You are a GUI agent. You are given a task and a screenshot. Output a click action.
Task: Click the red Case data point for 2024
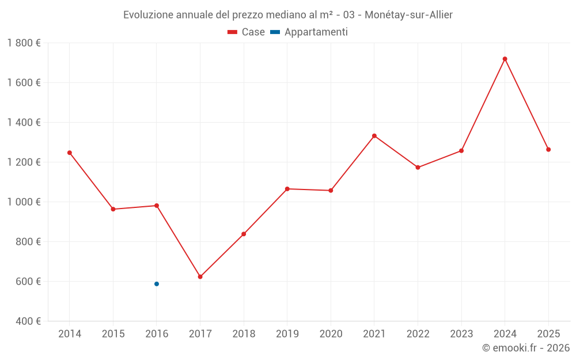(x=505, y=59)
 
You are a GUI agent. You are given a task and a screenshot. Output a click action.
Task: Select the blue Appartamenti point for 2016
(x=157, y=284)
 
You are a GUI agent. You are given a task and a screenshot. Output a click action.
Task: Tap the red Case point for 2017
(x=200, y=277)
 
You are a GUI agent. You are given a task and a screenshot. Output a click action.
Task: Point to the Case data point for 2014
(x=70, y=153)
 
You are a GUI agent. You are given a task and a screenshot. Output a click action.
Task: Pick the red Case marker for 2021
(x=374, y=136)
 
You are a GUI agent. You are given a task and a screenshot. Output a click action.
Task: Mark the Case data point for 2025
(x=548, y=150)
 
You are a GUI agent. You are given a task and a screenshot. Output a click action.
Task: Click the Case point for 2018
(x=244, y=234)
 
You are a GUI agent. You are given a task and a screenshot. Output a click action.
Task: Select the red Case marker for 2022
(x=418, y=168)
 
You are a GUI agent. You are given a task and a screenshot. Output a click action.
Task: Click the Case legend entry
(x=246, y=32)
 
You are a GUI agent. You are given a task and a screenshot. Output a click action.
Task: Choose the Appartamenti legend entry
(x=309, y=32)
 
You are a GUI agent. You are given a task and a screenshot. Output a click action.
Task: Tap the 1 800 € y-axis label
(x=24, y=43)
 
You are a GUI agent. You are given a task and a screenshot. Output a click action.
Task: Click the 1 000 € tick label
(x=24, y=202)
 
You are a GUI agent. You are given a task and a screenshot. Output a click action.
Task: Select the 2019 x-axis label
(x=287, y=334)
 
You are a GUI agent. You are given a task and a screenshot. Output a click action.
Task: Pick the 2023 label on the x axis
(x=461, y=334)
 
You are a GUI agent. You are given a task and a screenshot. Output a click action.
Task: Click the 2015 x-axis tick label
(x=113, y=334)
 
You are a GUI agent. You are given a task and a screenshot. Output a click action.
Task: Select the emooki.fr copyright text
(x=525, y=348)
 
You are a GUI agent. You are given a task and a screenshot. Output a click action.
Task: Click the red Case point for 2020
(x=331, y=191)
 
